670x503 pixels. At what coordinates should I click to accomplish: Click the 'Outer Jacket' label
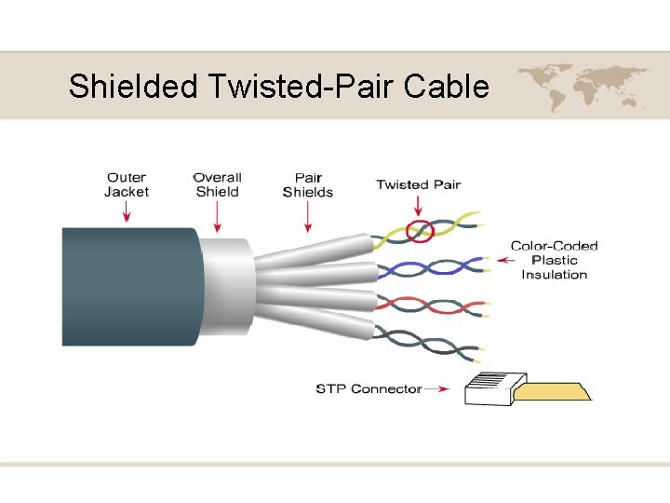tap(127, 184)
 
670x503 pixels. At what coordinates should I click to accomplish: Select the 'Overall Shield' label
tap(218, 184)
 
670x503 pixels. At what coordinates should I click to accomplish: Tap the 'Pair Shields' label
tap(308, 184)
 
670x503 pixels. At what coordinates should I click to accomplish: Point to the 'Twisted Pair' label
tap(418, 184)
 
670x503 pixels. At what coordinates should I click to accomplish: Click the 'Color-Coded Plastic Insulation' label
tap(554, 260)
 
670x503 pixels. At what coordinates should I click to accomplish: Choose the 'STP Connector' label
tap(368, 388)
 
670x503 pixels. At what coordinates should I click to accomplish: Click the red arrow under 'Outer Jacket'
tap(127, 213)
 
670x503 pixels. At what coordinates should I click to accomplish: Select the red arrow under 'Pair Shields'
tap(308, 218)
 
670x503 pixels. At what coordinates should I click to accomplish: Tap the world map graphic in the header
tap(583, 87)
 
